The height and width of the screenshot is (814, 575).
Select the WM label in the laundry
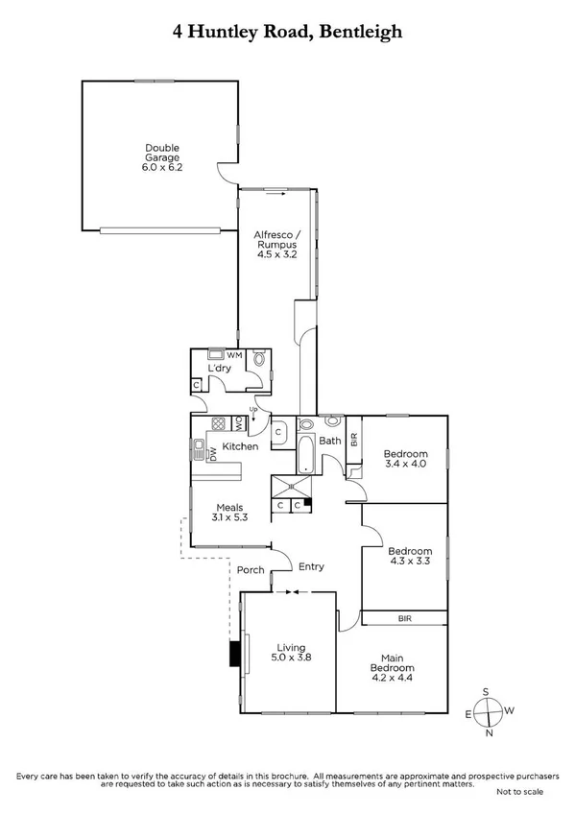tap(234, 356)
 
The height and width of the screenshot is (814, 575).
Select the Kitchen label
tap(241, 447)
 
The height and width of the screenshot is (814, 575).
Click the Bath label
tap(330, 442)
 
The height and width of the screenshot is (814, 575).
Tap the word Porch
tap(251, 570)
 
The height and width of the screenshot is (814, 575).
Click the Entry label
tap(311, 567)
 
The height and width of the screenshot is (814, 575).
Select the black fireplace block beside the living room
tap(233, 654)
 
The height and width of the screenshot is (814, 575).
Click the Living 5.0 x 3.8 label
tap(290, 653)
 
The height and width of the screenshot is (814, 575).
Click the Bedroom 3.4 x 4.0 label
tap(404, 460)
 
